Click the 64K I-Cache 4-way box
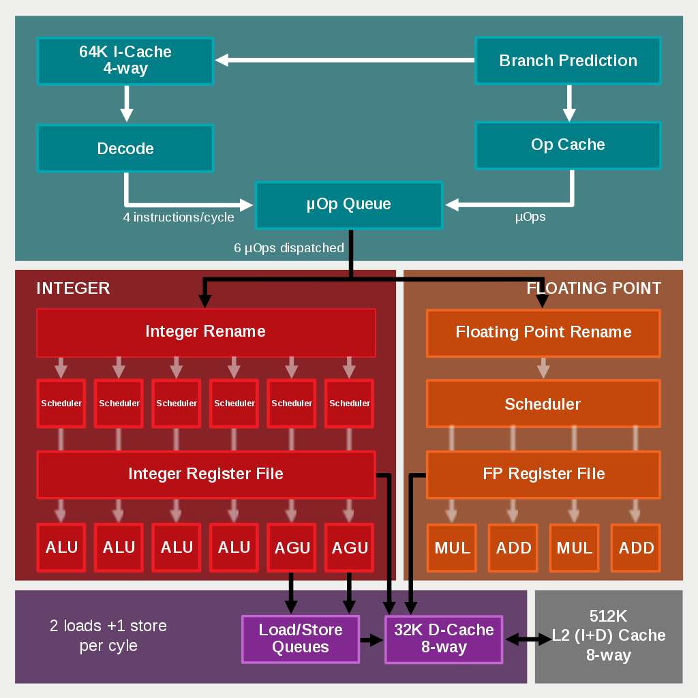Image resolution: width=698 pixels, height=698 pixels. pos(125,61)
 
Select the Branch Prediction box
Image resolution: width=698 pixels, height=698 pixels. pos(568,61)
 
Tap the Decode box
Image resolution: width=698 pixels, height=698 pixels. pos(125,149)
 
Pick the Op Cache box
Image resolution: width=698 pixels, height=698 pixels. pos(568,145)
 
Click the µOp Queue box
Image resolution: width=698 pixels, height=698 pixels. pos(348,204)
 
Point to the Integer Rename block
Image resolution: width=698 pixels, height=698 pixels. pos(205,333)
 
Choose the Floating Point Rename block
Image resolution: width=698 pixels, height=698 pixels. pos(543,333)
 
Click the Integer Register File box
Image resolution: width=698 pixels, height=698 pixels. pos(205,474)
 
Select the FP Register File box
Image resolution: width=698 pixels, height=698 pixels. pos(543,474)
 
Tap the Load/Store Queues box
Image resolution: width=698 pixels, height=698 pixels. pos(301,639)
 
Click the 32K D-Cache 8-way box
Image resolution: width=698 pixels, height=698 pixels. pos(444,639)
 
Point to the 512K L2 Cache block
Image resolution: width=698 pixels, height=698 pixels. pos(609,636)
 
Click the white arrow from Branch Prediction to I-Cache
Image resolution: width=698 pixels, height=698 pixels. pos(345,61)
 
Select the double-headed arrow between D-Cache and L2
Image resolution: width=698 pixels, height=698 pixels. pos(528,639)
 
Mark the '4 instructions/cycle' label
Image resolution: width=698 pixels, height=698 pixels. pos(179,217)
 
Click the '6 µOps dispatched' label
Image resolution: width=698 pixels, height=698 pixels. pos(289,248)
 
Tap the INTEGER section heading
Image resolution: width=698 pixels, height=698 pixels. pos(73,288)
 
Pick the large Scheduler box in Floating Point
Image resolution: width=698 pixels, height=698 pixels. pos(543,404)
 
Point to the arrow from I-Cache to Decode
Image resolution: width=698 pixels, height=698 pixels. pos(126,104)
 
